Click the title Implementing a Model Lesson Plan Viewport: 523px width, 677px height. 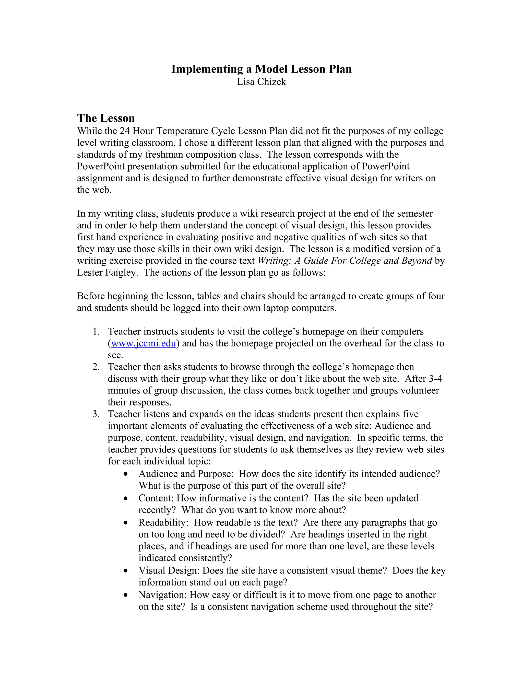tap(261, 69)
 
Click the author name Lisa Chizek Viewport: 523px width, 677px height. tap(261, 82)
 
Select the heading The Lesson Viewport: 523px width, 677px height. tap(106, 118)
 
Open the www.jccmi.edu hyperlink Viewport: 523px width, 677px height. tap(144, 343)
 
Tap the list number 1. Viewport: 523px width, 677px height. tap(96, 332)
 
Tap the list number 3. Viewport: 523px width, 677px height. tap(96, 414)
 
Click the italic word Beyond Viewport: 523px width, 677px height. tap(417, 261)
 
